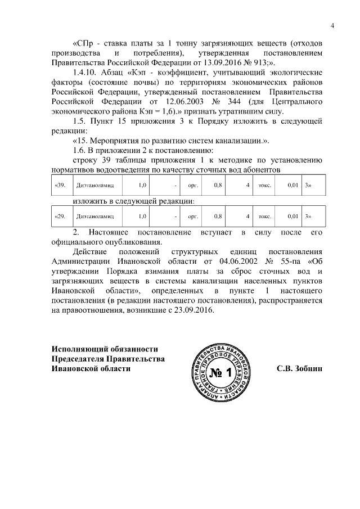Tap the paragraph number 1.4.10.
(87, 73)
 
